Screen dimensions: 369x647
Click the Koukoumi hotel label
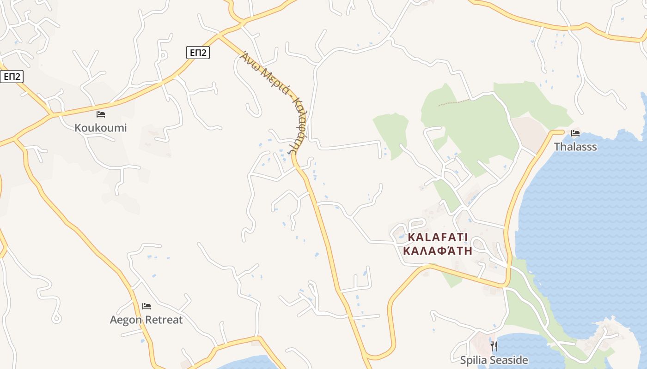pyautogui.click(x=100, y=128)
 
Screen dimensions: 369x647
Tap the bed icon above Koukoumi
pyautogui.click(x=100, y=114)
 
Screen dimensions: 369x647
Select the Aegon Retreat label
pyautogui.click(x=146, y=320)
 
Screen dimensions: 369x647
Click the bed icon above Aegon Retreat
pyautogui.click(x=146, y=306)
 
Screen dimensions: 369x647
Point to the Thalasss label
pyautogui.click(x=575, y=147)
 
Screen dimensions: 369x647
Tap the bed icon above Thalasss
pyautogui.click(x=575, y=133)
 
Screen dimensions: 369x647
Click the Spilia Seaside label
pyautogui.click(x=494, y=360)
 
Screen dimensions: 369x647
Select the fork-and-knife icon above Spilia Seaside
pyautogui.click(x=494, y=346)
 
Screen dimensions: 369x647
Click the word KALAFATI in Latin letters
pyautogui.click(x=438, y=238)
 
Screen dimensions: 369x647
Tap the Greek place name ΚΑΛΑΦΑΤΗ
pyautogui.click(x=438, y=251)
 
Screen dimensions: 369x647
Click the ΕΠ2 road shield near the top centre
pyautogui.click(x=198, y=53)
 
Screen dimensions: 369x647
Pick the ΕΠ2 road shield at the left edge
pyautogui.click(x=11, y=76)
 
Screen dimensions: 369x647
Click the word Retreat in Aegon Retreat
pyautogui.click(x=164, y=320)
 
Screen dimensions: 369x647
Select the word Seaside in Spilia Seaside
pyautogui.click(x=509, y=360)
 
